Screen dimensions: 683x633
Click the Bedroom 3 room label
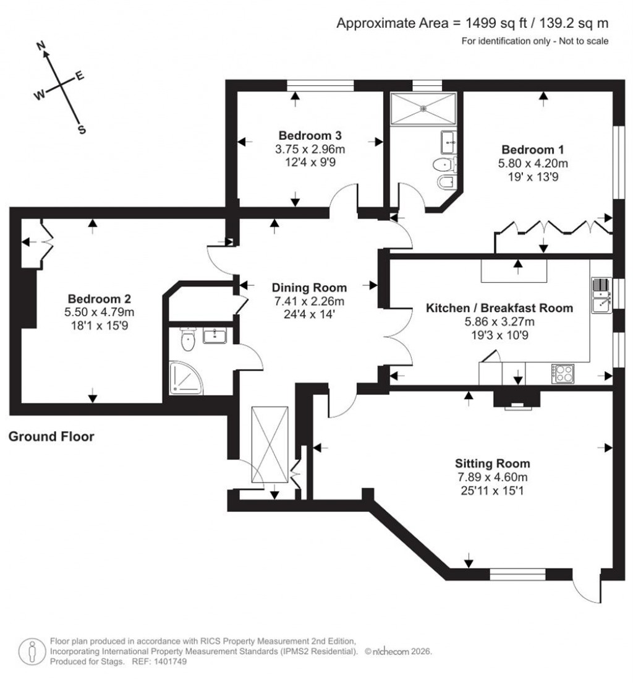[x=310, y=135]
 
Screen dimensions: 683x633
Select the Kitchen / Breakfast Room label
[x=500, y=307]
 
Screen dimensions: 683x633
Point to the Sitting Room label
[x=493, y=463]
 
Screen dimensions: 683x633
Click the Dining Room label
[x=309, y=288]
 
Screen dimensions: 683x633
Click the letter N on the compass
[x=42, y=46]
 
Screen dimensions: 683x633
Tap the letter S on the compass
[x=80, y=130]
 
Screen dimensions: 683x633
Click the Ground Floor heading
[x=51, y=437]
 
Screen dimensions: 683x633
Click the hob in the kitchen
[x=563, y=373]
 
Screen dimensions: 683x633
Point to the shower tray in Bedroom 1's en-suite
[x=423, y=108]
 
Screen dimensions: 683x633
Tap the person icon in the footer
[x=30, y=650]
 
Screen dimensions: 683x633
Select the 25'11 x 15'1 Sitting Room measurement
[x=493, y=490]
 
